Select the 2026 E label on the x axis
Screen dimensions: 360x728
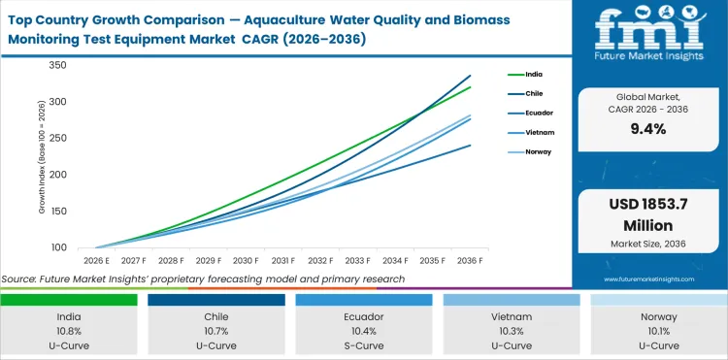tap(95, 260)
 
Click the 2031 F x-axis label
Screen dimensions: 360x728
tap(283, 260)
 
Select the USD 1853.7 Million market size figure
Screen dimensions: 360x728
tap(648, 215)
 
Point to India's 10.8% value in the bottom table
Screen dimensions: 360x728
tap(69, 332)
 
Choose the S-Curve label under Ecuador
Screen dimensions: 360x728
tap(364, 345)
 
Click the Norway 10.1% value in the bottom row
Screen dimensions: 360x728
tap(658, 332)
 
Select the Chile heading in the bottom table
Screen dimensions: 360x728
tap(216, 317)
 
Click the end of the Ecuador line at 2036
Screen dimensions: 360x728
tap(471, 146)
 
